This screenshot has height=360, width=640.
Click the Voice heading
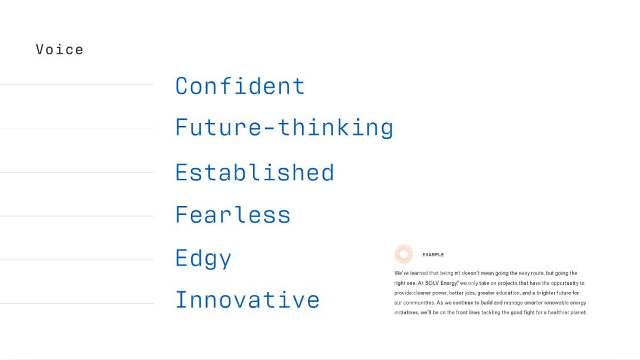tap(60, 50)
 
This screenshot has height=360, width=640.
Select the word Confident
tap(240, 86)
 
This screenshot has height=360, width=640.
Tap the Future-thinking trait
tap(284, 128)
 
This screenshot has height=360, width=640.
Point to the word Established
tap(255, 173)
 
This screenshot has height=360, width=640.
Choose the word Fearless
tap(233, 215)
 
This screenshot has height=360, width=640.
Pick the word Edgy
tap(203, 259)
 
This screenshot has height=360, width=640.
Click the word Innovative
tap(247, 300)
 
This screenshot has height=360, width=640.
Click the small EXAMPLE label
tap(433, 255)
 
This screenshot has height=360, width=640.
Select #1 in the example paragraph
tap(457, 273)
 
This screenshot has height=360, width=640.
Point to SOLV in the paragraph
tap(432, 283)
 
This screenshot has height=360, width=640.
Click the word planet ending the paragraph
tap(578, 312)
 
